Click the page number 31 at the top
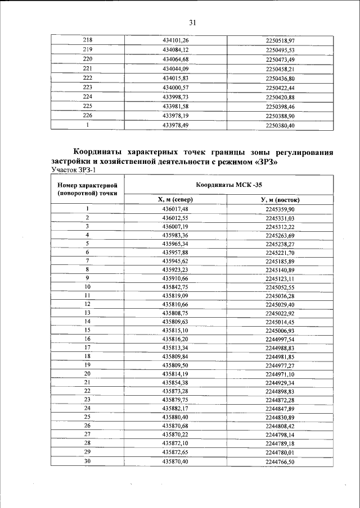[x=192, y=23]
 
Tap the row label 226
[x=87, y=115]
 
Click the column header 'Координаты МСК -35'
[x=228, y=184]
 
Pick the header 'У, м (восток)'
[x=280, y=199]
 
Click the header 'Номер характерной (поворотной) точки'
[x=87, y=189]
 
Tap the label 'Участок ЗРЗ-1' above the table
[x=74, y=170]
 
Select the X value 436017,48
[x=175, y=209]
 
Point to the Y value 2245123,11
[x=280, y=278]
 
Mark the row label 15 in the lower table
[x=87, y=331]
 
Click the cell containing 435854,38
[x=175, y=382]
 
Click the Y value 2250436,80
[x=280, y=78]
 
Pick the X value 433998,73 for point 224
[x=175, y=97]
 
